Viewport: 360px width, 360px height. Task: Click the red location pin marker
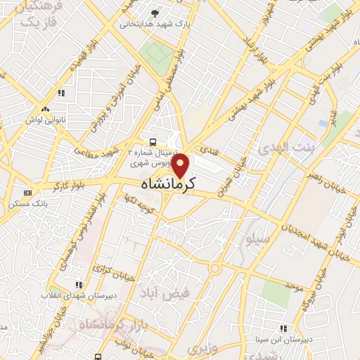click(x=181, y=166)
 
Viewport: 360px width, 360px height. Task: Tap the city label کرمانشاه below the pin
click(x=162, y=185)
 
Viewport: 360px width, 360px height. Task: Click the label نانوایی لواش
click(x=45, y=120)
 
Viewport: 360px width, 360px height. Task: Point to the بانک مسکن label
click(x=27, y=204)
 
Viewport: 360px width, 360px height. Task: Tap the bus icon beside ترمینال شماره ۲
click(x=153, y=141)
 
